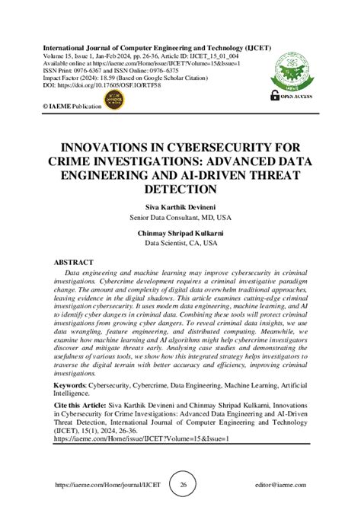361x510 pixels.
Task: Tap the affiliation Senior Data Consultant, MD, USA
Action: click(180, 218)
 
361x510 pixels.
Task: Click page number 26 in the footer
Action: click(183, 484)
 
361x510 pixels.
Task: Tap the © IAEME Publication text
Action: click(72, 107)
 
